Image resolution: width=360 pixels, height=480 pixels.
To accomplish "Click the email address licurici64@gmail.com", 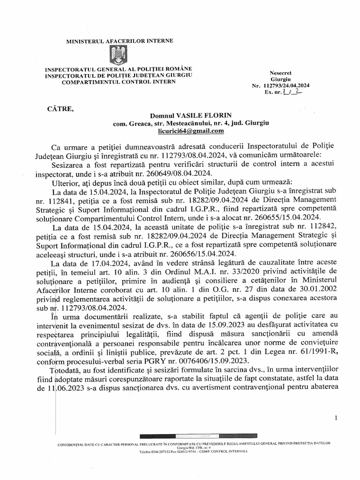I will [191, 131].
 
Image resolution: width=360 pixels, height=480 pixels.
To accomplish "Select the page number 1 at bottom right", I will [337, 418].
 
